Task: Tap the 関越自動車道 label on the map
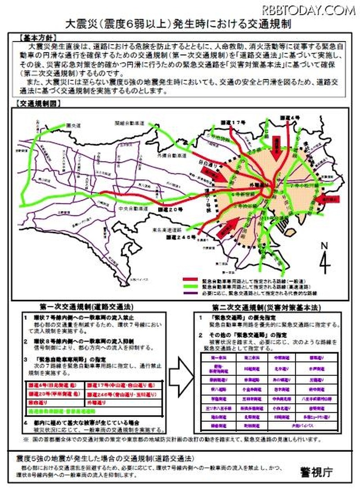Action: pos(128,123)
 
